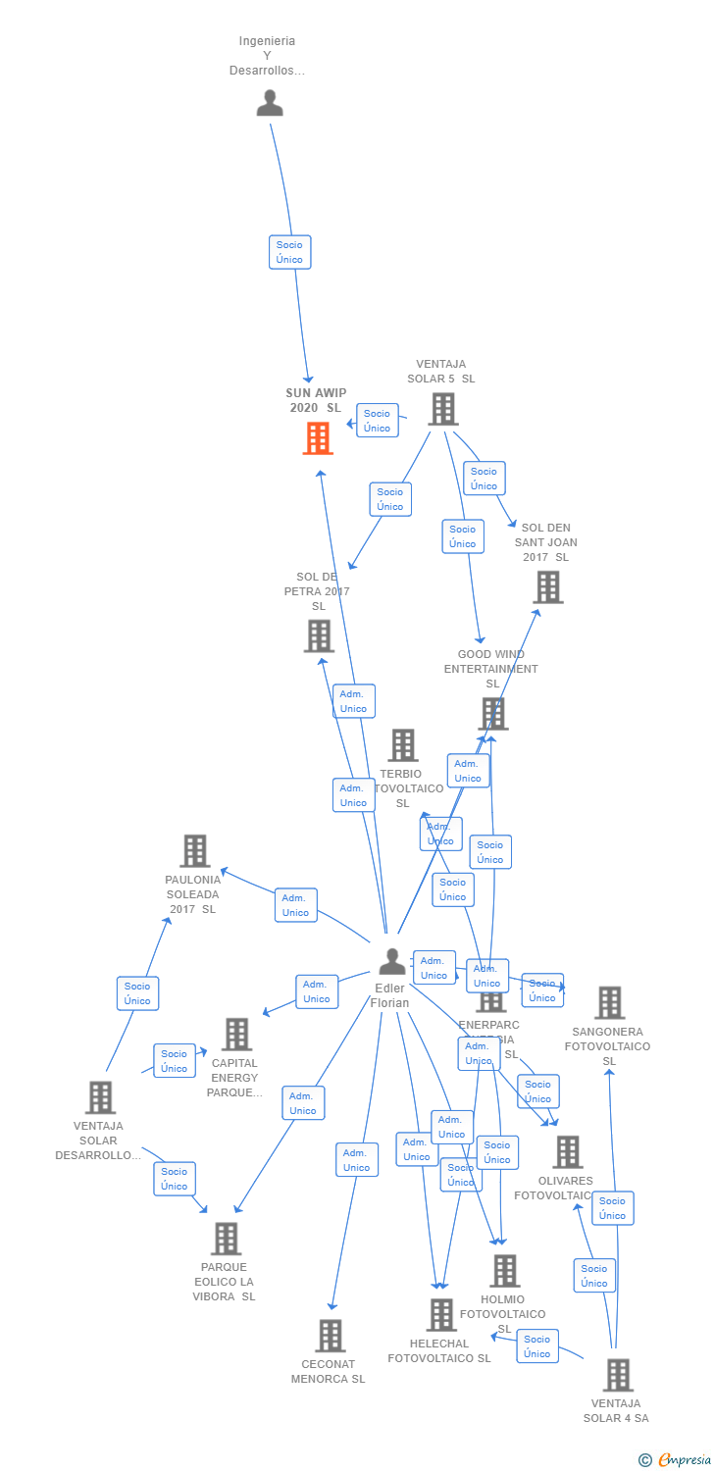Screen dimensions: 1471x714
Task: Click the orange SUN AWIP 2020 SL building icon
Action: (318, 438)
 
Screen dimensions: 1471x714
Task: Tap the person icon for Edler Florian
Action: (392, 961)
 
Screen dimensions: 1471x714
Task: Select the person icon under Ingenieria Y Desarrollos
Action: (270, 103)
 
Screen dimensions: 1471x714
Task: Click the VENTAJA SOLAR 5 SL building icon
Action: (443, 409)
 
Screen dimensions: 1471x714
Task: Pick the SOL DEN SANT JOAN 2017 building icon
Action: (547, 587)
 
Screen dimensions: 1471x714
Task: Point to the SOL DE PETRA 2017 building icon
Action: (319, 635)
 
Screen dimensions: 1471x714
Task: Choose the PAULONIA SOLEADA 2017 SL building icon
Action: (195, 851)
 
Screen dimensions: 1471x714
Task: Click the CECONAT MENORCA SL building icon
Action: (331, 1336)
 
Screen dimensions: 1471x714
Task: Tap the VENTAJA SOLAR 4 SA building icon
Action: (617, 1375)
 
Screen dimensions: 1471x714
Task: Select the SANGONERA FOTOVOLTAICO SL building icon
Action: (609, 1002)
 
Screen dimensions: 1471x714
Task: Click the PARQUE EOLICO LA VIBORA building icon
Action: (226, 1239)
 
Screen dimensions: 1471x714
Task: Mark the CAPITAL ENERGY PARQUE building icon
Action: (236, 1034)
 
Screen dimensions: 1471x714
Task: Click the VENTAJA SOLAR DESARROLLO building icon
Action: (100, 1097)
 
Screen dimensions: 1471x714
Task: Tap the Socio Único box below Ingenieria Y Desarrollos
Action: (289, 252)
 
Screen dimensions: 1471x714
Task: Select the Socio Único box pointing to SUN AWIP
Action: (377, 421)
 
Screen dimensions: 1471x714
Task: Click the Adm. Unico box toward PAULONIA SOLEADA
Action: (295, 905)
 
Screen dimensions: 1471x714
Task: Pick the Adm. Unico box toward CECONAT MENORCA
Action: (356, 1160)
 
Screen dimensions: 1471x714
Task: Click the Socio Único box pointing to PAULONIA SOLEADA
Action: (137, 993)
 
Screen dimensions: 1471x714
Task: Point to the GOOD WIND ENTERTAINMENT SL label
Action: (491, 669)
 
